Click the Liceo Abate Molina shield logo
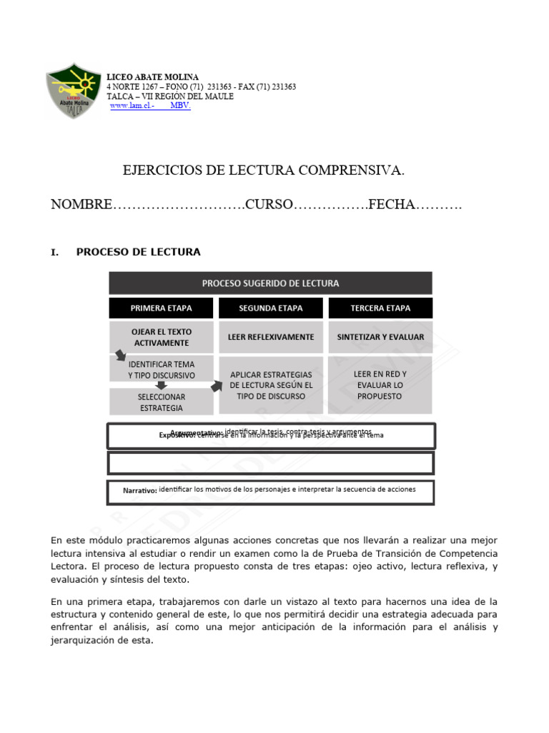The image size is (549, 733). point(74,92)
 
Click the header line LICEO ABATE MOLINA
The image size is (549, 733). point(152,77)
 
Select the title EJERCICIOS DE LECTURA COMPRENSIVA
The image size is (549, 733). point(264,170)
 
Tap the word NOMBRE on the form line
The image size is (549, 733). point(81,205)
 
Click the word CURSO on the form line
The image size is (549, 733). point(269,205)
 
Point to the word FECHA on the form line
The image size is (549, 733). point(392,205)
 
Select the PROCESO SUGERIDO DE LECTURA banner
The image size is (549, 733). point(270,283)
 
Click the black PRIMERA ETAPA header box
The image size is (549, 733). point(161,309)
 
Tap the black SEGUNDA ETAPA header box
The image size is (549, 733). point(270,309)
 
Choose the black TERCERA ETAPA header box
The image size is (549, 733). point(380,309)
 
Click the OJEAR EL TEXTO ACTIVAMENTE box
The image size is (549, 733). point(161,336)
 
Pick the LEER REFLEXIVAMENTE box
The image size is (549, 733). point(270,336)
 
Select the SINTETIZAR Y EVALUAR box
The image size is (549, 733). point(380,336)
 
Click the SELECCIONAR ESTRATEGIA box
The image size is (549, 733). point(161,402)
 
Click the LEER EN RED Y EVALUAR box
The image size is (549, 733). point(380,384)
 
